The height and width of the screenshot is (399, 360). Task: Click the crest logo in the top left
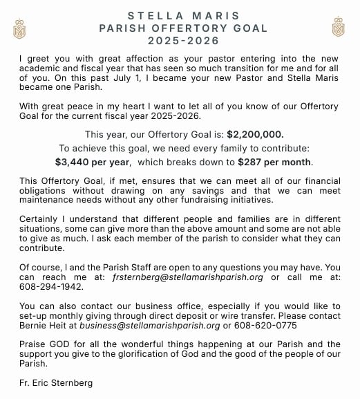pyautogui.click(x=19, y=28)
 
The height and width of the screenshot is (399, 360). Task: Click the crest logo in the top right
pyautogui.click(x=338, y=27)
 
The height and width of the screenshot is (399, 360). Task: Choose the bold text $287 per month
pyautogui.click(x=274, y=163)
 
